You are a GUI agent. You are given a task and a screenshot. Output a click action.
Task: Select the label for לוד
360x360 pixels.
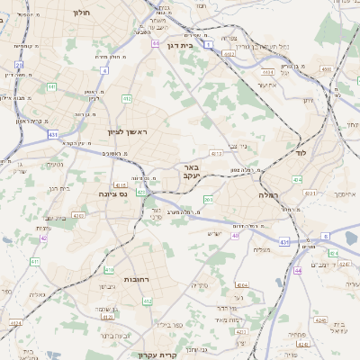pos(300,154)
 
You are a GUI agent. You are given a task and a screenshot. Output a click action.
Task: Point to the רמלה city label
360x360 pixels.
pos(268,194)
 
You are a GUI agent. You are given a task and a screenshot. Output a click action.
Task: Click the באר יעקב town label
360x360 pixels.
pos(190,172)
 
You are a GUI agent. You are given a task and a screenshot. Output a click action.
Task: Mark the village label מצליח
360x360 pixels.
pos(263,249)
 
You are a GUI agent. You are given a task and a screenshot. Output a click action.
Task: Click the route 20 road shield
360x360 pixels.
pos(19,65)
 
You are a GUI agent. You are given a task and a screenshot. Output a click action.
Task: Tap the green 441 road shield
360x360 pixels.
pos(52,87)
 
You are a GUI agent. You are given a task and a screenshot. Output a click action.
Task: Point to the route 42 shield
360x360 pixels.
pos(44,238)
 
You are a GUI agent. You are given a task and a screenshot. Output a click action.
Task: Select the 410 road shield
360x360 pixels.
pos(109,269)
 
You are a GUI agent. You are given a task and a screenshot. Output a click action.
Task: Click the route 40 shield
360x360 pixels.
pos(235,236)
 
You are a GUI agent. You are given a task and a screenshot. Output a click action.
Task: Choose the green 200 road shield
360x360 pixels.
pos(208,200)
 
